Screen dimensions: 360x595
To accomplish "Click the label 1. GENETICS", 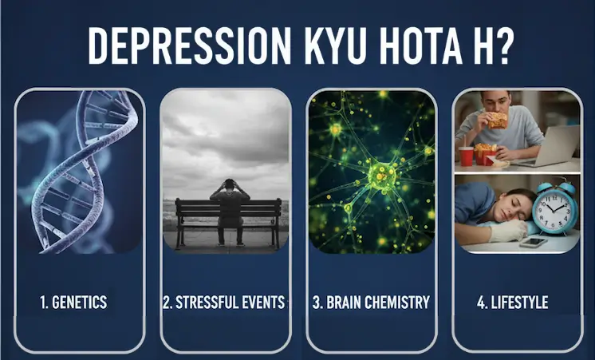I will [73, 303].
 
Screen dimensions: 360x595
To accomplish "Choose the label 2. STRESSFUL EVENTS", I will [224, 303].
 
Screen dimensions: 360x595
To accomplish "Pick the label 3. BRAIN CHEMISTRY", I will [371, 303].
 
